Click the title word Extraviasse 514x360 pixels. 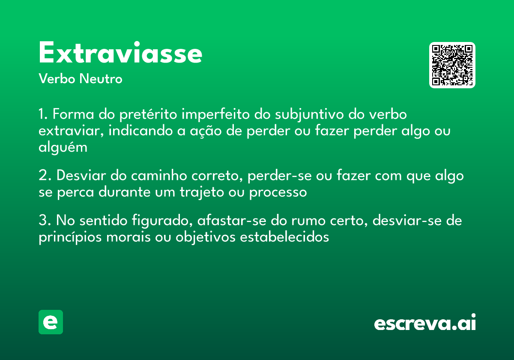(x=120, y=53)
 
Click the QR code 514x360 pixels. (x=452, y=65)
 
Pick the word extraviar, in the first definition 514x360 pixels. (x=69, y=131)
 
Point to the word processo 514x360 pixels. (x=278, y=192)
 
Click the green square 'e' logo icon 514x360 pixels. (x=51, y=322)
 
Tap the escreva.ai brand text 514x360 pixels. (x=425, y=323)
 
